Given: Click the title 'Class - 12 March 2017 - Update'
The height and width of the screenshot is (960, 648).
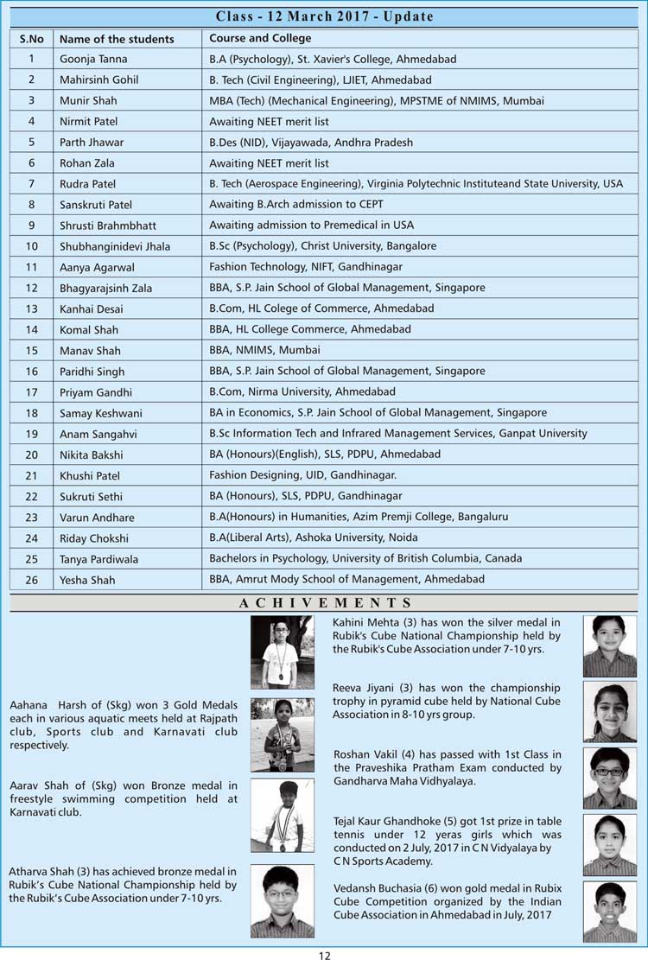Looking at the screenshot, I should (x=324, y=16).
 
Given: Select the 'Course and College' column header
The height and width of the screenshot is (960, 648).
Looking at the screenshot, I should (x=260, y=38).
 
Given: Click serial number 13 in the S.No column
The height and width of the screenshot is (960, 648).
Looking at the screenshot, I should (x=32, y=308).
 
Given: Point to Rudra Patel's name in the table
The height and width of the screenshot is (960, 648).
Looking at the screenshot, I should (x=88, y=184).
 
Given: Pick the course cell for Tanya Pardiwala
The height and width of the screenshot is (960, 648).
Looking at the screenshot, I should (x=365, y=558).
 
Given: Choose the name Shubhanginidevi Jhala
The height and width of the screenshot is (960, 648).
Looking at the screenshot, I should (x=115, y=246).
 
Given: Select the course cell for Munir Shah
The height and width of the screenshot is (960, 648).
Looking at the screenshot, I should (x=377, y=101).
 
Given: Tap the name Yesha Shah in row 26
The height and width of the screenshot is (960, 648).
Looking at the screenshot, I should (x=87, y=580).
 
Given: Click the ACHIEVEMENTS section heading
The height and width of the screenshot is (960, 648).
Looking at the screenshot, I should (x=324, y=602).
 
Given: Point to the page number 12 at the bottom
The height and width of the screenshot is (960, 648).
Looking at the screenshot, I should (x=324, y=954).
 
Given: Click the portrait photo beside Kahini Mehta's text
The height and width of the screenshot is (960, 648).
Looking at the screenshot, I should (x=610, y=645).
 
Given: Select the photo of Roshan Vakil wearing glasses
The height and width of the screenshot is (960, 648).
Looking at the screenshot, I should (x=610, y=778).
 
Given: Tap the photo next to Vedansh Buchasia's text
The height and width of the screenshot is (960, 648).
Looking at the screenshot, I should (x=610, y=911).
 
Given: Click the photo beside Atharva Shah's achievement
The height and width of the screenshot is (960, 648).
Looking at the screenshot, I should (x=282, y=900).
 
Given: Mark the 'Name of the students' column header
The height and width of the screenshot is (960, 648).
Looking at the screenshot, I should (x=117, y=39).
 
